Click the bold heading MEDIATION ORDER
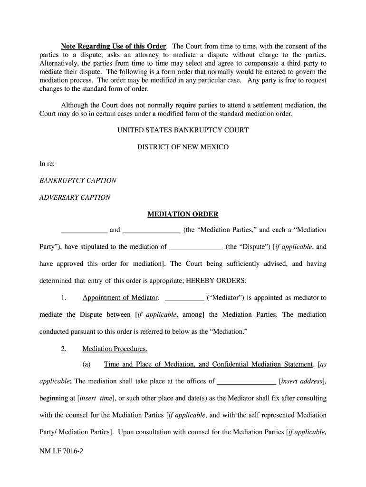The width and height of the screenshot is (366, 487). [183, 214]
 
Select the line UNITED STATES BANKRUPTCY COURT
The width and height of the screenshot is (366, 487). [183, 130]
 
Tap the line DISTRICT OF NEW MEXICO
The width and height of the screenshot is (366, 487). [183, 147]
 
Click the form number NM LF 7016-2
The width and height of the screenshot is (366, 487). [61, 459]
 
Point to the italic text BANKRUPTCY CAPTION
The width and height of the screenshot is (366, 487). [77, 181]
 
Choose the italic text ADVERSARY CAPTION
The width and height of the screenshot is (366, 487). [75, 197]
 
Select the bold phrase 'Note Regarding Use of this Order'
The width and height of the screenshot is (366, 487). [114, 47]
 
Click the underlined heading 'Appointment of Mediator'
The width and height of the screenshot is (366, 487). [120, 298]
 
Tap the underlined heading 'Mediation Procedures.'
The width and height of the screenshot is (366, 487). [115, 349]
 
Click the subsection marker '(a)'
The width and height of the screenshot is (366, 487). [87, 365]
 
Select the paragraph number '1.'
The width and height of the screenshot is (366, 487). [64, 298]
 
